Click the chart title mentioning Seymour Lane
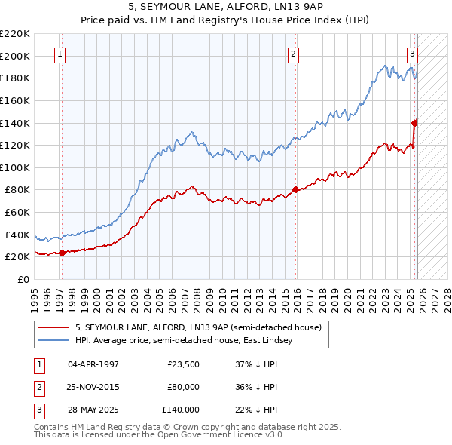226,7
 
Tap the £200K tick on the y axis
16,56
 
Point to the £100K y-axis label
16,167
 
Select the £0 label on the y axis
23,279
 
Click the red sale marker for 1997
63,253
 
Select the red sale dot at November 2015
295,190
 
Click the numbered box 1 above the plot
60,54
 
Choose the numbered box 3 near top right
413,54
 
